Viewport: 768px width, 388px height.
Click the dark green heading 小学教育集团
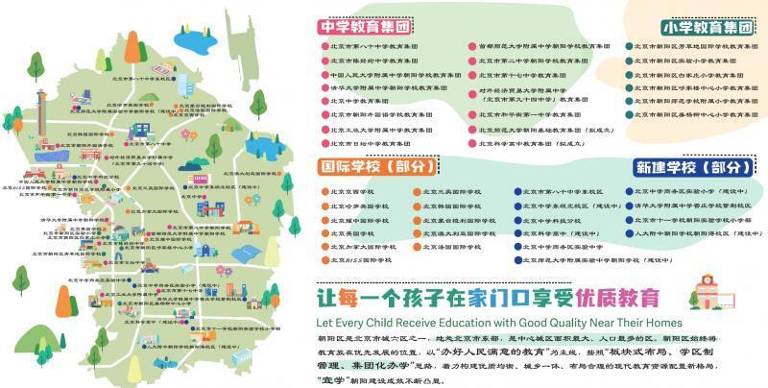tap(707, 27)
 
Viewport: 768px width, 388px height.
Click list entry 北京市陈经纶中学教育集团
tap(369, 60)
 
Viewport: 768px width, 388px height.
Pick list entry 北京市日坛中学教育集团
tap(366, 140)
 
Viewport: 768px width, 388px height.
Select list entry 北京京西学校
tap(350, 191)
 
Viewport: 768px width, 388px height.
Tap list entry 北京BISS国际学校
tap(360, 259)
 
